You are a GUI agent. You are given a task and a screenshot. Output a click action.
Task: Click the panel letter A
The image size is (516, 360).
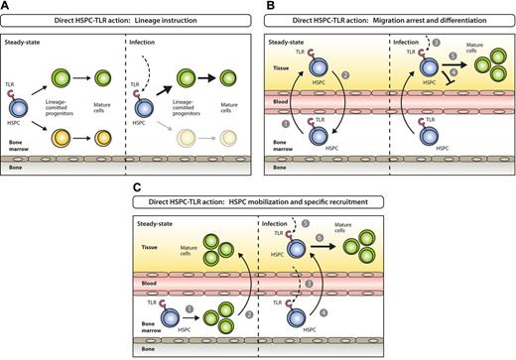pos(7,6)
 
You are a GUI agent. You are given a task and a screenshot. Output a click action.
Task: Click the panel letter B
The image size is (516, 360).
pos(264,6)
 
